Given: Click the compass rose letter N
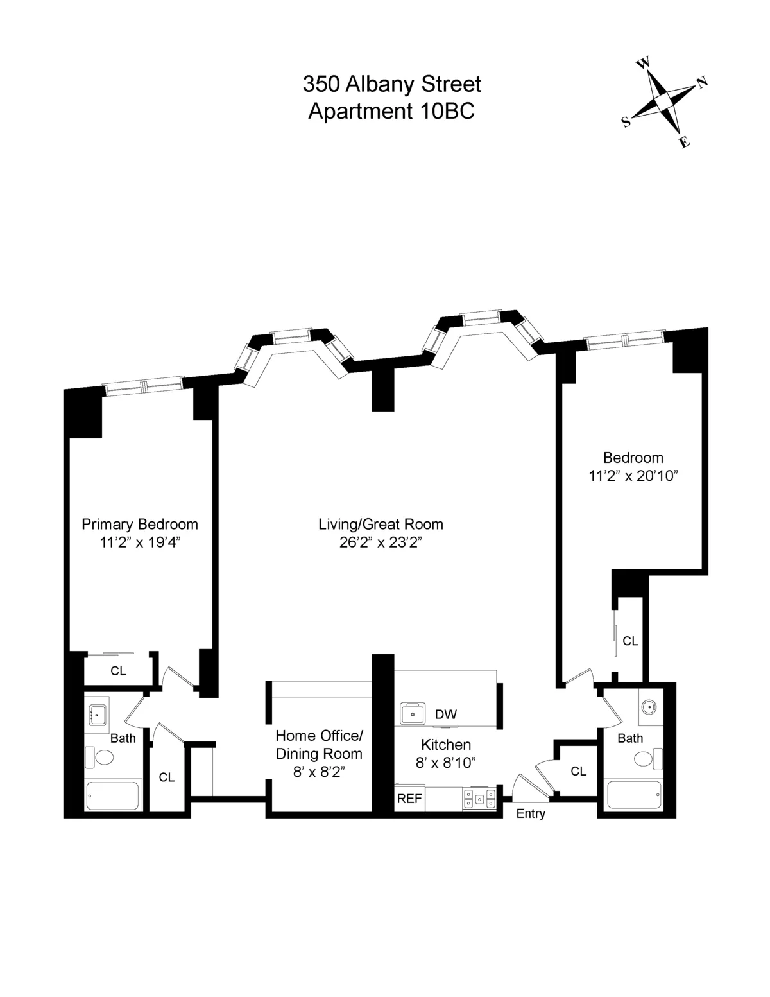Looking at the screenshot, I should pos(702,82).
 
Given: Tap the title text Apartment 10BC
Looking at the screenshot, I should pos(391,111).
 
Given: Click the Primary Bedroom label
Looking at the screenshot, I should pos(139,524).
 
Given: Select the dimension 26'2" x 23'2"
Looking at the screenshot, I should pos(381,542).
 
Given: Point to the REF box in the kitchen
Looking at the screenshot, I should pos(409,799).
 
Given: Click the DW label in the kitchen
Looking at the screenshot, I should pos(445,714).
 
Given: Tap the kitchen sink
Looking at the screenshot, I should pos(414,713).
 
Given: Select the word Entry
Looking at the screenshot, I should pos(531,813).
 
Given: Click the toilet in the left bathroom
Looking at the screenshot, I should pos(99,758).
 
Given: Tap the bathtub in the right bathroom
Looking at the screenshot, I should pos(633,795).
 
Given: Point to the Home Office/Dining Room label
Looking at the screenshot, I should pos(319,744).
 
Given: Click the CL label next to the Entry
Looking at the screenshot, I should pos(578,771).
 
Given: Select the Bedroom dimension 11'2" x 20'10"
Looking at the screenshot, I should pos(633,476).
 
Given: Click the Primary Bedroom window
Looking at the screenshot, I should pos(144,385).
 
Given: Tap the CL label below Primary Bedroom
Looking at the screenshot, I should pos(118,671).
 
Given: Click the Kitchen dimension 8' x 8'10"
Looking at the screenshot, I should pos(446,763).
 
